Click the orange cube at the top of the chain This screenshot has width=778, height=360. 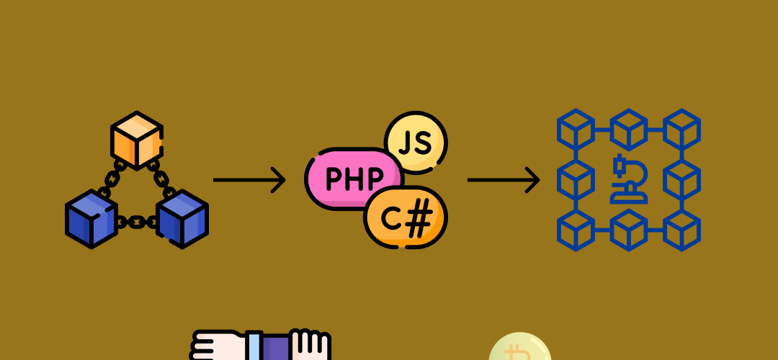(x=137, y=140)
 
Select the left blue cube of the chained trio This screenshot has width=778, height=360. (x=91, y=219)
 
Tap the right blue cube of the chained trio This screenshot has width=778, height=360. (x=182, y=219)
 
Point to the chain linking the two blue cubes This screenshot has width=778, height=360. (x=137, y=222)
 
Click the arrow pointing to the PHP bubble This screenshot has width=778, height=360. (x=249, y=179)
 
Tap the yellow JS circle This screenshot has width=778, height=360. (x=416, y=143)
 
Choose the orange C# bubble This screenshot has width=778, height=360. (x=406, y=217)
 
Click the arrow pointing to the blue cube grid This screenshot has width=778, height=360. (x=503, y=179)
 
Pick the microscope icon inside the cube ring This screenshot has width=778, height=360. (x=629, y=179)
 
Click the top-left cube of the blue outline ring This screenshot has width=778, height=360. (x=576, y=130)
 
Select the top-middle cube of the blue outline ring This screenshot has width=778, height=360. (x=629, y=130)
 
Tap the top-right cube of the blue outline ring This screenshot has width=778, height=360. (x=681, y=130)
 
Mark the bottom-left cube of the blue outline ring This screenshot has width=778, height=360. (x=576, y=230)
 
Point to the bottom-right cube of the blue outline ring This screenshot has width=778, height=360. (x=681, y=230)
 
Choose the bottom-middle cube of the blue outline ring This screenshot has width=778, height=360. (x=629, y=230)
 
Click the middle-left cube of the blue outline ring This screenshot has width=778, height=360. (x=576, y=179)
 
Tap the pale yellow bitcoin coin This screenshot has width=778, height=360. (x=520, y=347)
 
